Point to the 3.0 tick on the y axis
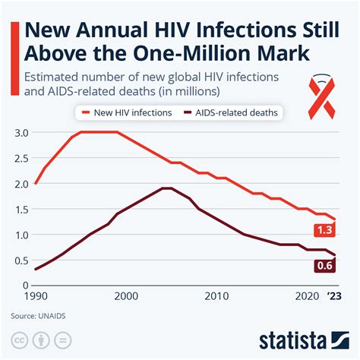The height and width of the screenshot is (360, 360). [x=21, y=132]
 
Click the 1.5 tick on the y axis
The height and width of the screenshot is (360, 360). [x=21, y=209]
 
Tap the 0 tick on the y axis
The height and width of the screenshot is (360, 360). [x=25, y=285]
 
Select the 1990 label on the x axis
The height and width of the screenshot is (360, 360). [x=35, y=296]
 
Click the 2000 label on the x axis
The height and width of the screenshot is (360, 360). [x=126, y=296]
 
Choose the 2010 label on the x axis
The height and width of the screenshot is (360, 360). [x=216, y=296]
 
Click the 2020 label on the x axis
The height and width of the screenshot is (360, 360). [x=308, y=296]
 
